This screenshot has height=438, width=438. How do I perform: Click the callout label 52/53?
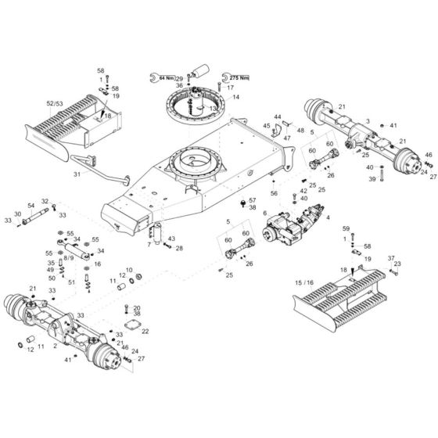(x=56, y=102)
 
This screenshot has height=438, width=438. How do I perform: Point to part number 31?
(x=77, y=174)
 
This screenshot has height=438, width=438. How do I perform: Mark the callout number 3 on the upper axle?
(x=368, y=121)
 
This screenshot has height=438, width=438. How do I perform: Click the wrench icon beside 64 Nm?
(x=152, y=77)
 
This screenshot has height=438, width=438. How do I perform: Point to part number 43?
(x=171, y=238)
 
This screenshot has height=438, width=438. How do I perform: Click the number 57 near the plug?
(x=253, y=200)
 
